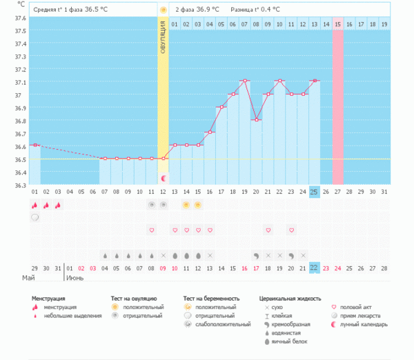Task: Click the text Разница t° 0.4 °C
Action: (255, 10)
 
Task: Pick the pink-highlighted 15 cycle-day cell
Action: (337, 24)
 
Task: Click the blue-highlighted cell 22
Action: (314, 268)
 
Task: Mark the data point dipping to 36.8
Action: (256, 119)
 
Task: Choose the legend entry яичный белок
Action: (290, 341)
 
